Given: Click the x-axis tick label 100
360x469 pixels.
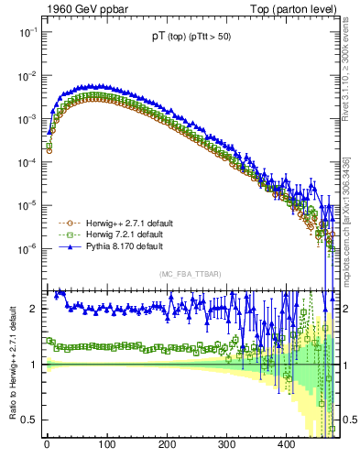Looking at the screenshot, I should (x=106, y=444).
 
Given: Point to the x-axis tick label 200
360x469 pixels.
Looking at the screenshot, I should (x=166, y=444).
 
